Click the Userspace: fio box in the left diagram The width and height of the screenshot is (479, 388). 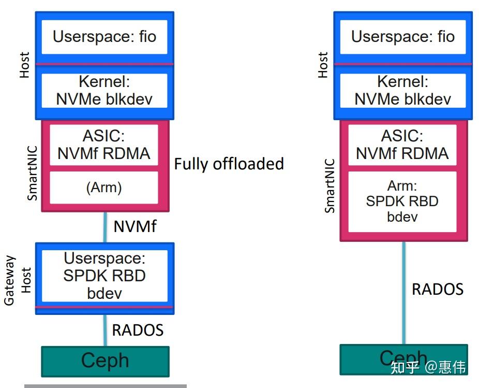click(104, 37)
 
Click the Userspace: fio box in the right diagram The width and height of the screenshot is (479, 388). click(403, 37)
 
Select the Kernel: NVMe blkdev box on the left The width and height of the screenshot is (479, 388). click(104, 91)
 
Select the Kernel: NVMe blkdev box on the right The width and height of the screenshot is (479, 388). click(403, 91)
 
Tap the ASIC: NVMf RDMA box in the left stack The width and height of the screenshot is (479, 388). click(104, 145)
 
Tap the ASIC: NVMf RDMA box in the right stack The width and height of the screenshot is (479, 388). click(402, 145)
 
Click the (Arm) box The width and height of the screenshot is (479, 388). click(104, 188)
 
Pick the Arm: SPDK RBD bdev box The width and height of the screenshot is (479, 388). click(402, 202)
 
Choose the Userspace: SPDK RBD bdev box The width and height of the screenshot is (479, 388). click(104, 276)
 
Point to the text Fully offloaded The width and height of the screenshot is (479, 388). click(229, 164)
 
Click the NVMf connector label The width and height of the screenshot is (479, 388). click(134, 226)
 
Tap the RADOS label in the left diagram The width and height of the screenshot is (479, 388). click(138, 330)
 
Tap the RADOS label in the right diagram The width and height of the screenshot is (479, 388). click(438, 289)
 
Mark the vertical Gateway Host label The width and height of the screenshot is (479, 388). click(17, 280)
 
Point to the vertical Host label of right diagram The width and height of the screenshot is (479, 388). click(323, 65)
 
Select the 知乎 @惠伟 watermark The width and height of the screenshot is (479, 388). click(428, 367)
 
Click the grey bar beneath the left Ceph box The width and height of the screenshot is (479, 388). click(105, 385)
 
